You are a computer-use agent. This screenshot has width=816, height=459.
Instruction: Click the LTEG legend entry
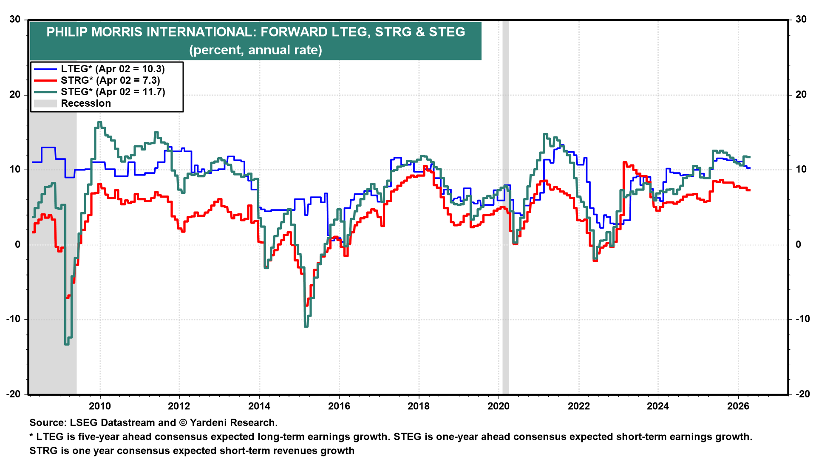click(x=113, y=69)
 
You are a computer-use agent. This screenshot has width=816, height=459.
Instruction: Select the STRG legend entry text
click(x=110, y=80)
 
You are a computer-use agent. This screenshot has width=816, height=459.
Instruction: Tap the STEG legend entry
click(x=113, y=92)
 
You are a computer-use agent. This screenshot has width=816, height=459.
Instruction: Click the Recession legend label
click(x=85, y=103)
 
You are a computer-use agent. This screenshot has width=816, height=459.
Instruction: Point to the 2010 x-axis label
click(x=99, y=406)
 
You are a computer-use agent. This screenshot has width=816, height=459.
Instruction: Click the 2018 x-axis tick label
click(x=419, y=406)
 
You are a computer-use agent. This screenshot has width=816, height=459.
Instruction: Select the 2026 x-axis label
click(x=738, y=406)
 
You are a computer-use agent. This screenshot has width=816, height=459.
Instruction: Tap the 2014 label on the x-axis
click(x=259, y=406)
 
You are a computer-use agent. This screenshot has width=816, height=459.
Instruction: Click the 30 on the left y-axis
click(x=15, y=20)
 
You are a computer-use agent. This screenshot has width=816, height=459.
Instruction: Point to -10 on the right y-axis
click(x=800, y=319)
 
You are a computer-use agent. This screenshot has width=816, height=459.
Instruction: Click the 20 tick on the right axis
click(x=801, y=94)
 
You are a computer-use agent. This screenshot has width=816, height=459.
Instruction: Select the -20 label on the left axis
click(x=13, y=394)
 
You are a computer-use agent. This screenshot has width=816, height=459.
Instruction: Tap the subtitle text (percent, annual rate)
click(x=255, y=50)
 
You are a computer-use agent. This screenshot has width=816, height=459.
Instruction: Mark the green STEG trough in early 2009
click(x=67, y=343)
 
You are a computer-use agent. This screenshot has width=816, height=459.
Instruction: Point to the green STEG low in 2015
click(x=306, y=326)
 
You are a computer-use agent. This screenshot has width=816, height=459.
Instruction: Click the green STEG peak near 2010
click(x=99, y=122)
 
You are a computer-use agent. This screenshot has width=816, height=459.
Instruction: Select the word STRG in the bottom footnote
click(x=43, y=450)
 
